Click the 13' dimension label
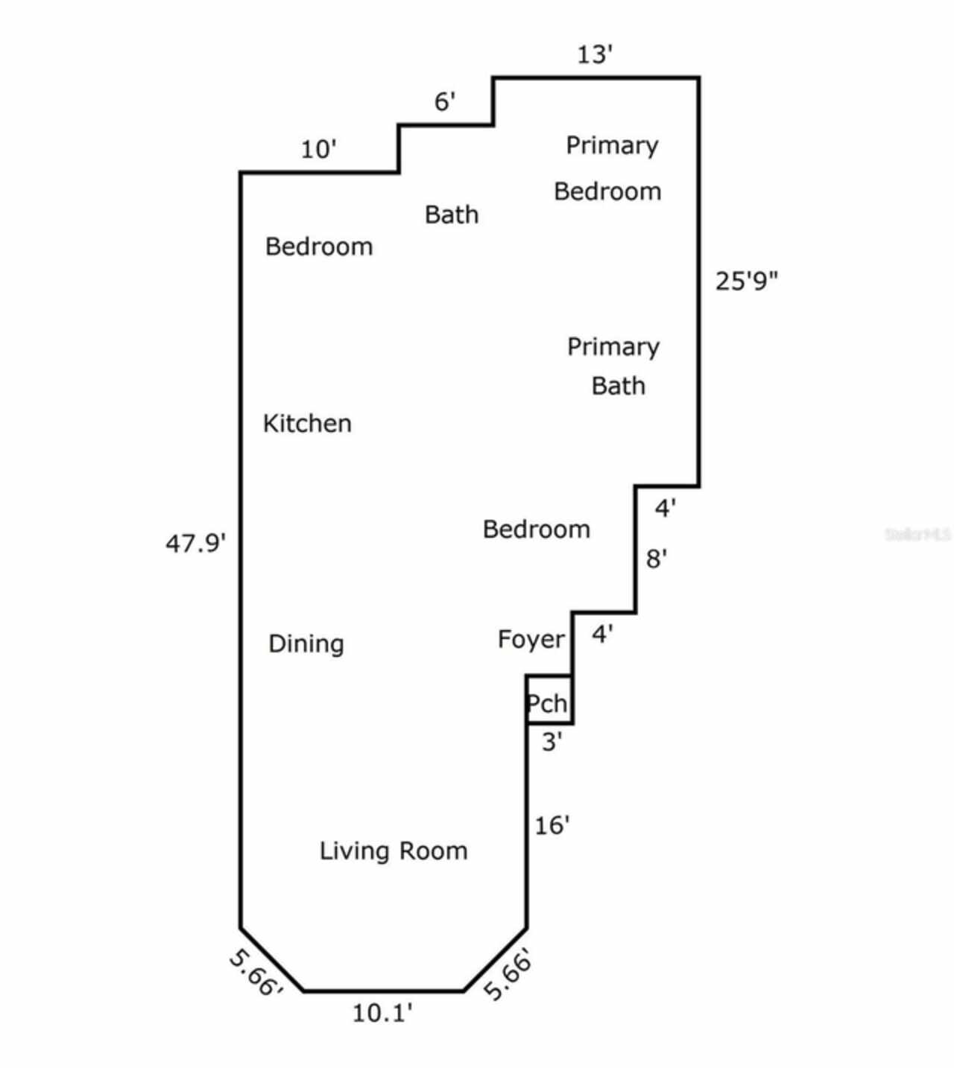(595, 55)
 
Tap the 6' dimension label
(445, 102)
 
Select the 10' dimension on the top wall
(318, 150)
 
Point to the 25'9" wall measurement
(746, 282)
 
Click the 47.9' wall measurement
(195, 544)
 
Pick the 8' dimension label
(656, 559)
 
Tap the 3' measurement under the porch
(552, 742)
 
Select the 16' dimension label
(552, 825)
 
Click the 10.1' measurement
(382, 1013)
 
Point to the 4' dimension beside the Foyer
(602, 635)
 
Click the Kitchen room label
(307, 424)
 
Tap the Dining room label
(306, 644)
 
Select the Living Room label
(394, 851)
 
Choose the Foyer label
(531, 640)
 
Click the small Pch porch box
(549, 700)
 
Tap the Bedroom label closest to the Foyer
(536, 530)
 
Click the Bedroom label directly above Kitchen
(319, 247)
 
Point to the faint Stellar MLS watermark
(917, 534)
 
